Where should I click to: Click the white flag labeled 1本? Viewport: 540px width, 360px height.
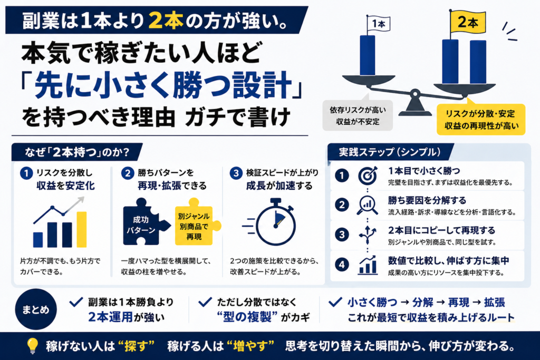click(379, 24)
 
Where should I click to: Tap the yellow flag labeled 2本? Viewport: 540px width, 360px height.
click(468, 22)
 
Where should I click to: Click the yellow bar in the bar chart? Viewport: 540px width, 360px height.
click(82, 229)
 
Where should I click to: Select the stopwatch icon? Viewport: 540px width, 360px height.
click(273, 221)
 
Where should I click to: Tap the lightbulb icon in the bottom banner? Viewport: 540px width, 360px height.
click(33, 346)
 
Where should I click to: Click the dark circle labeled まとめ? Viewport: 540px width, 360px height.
click(36, 309)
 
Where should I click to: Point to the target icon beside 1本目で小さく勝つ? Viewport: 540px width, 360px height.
click(368, 175)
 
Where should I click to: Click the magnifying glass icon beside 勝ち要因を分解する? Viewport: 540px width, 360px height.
click(367, 205)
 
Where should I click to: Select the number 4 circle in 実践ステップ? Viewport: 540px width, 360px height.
click(342, 265)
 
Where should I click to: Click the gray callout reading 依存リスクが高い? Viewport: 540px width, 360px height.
click(358, 115)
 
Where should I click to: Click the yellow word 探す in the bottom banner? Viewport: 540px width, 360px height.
click(136, 346)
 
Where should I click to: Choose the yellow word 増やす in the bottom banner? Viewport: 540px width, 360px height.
click(250, 346)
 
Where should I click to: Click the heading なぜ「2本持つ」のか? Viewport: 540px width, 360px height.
click(77, 152)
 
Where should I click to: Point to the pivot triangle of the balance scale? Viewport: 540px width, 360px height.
click(415, 105)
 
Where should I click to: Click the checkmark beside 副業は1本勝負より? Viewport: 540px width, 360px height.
click(76, 302)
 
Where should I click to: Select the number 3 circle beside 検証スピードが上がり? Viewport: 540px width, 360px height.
click(236, 173)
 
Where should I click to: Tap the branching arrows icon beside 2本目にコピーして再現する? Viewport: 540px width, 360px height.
click(368, 235)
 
